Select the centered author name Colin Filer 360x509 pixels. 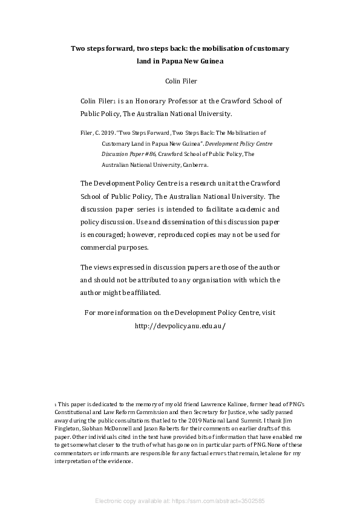(x=180, y=80)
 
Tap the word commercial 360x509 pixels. (x=101, y=247)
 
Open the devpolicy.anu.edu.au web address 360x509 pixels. (x=180, y=325)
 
